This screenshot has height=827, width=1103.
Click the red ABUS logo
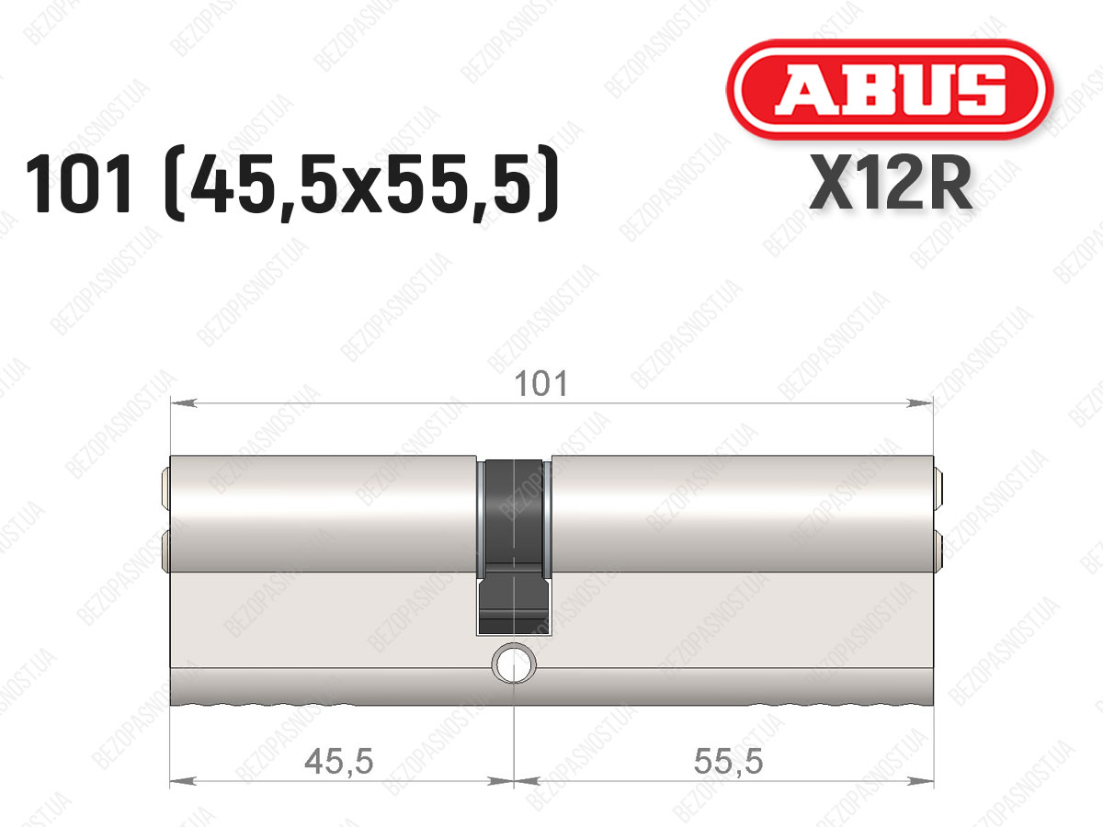coord(890,89)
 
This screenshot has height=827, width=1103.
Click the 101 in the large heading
coord(79,185)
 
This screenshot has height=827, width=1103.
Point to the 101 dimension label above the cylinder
coord(541,383)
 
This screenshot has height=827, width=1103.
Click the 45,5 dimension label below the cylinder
coord(339,762)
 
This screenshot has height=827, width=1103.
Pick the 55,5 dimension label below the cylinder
coord(728,762)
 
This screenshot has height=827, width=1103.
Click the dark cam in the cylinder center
coord(514,547)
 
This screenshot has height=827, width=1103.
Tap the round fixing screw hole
coord(514,663)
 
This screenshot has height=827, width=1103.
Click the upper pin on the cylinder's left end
coord(165,489)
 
